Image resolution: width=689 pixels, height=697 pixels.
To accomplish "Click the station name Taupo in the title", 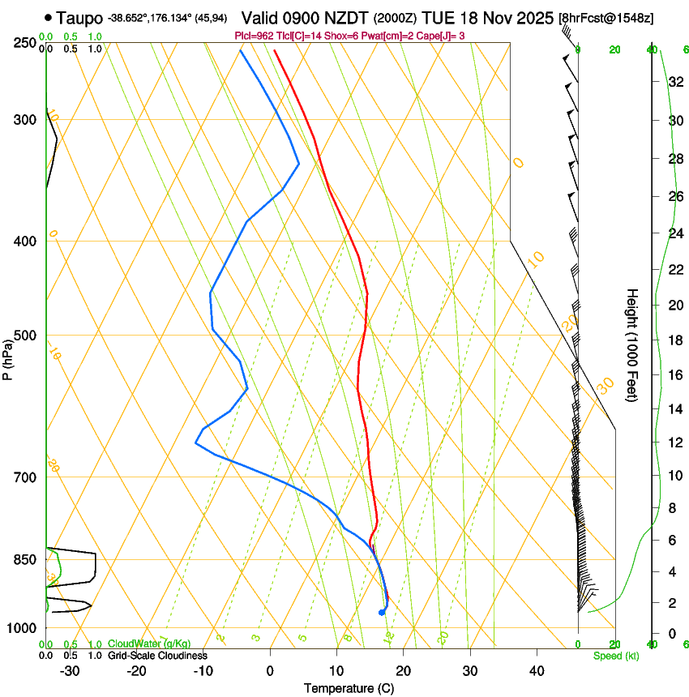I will (80, 17).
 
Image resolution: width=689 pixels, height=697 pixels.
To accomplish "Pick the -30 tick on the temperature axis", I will (70, 671).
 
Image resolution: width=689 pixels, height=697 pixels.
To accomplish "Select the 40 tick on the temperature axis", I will (537, 671).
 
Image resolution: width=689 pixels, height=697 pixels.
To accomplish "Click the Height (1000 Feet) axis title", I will (632, 345).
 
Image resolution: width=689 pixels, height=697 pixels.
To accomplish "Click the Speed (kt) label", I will (615, 656).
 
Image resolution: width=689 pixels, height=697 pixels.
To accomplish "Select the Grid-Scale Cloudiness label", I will (157, 656).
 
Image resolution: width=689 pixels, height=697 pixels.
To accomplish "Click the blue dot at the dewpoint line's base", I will (381, 612).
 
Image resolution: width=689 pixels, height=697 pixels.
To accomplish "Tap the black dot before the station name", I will (49, 17).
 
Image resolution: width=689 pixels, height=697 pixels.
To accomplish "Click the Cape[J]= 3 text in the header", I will (444, 35).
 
